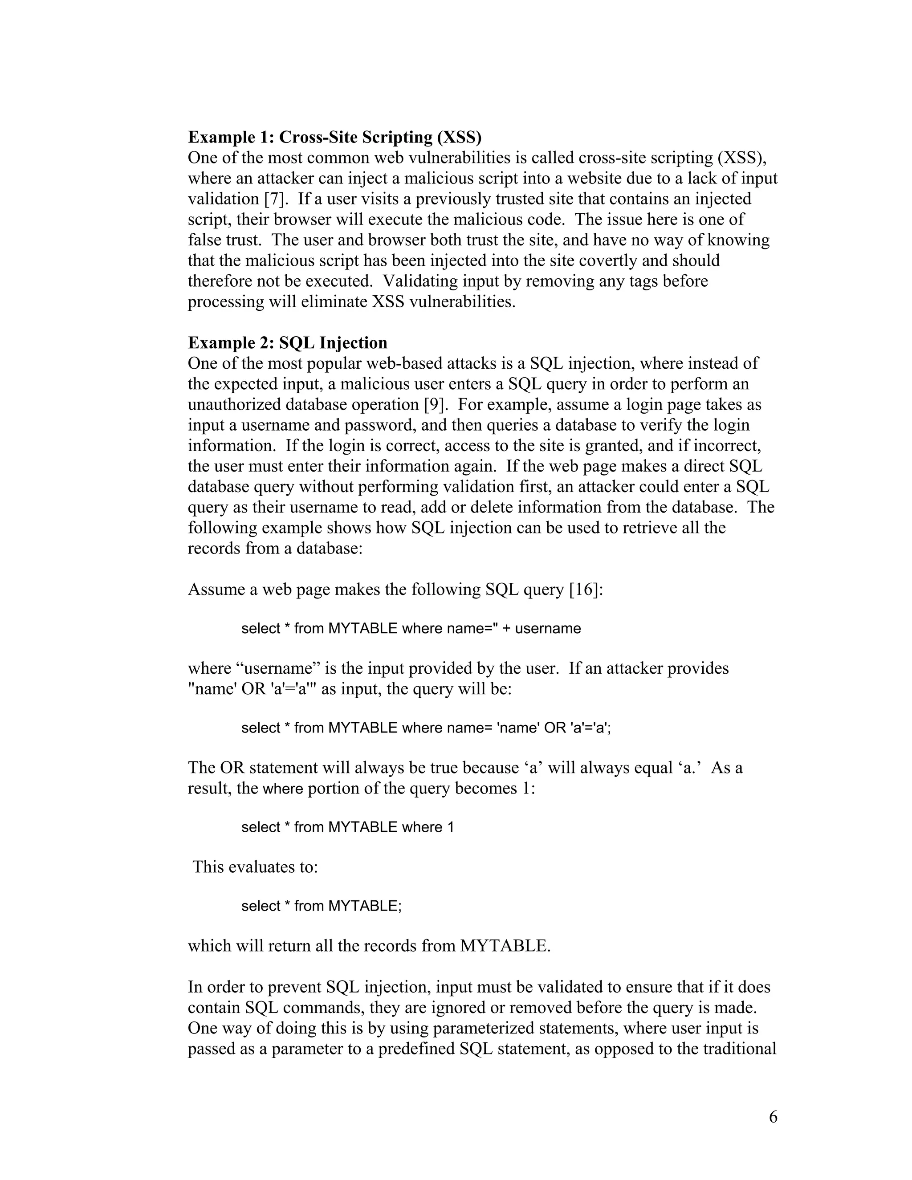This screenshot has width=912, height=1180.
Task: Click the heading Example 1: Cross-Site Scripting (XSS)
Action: (x=334, y=137)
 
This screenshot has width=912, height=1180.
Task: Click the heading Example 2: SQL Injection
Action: (x=287, y=343)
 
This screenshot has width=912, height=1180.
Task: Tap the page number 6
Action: (x=773, y=1117)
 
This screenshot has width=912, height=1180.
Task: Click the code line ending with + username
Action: (x=411, y=628)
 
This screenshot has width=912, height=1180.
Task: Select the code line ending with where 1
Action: (x=347, y=827)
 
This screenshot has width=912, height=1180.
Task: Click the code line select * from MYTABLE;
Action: (x=322, y=906)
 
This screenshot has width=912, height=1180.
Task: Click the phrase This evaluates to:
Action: (x=255, y=867)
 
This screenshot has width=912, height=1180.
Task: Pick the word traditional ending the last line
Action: (x=740, y=1049)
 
